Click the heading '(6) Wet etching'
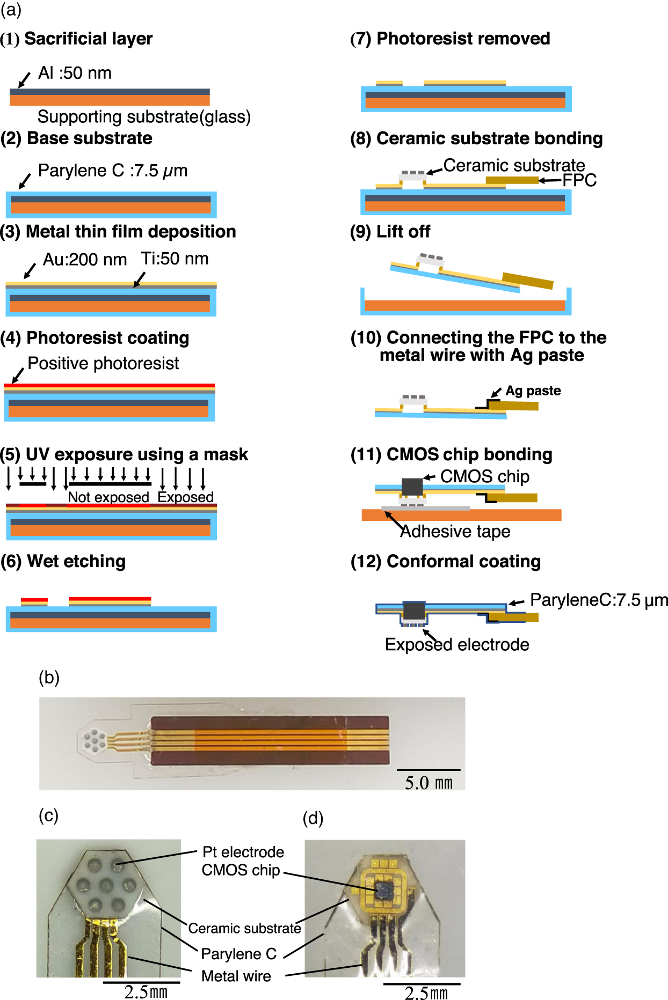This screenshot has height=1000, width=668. tap(63, 561)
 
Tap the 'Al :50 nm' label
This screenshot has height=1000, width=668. tap(75, 73)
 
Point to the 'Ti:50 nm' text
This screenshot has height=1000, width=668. tap(175, 259)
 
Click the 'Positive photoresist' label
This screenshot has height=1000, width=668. tap(103, 363)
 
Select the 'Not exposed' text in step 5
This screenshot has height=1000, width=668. tap(108, 497)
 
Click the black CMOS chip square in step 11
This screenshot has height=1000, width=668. tap(412, 486)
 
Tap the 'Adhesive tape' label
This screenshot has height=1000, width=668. tap(455, 531)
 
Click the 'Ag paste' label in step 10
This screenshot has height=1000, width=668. tap(533, 391)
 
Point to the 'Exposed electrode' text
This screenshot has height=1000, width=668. tap(457, 644)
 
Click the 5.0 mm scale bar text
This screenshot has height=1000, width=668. tap(429, 783)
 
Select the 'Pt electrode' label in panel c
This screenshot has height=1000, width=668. tap(243, 852)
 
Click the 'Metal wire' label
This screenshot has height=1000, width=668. tap(236, 976)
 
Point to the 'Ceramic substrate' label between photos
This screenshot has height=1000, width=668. tap(244, 928)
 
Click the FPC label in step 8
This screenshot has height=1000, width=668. tap(579, 180)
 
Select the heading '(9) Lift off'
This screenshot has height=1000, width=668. tap(390, 232)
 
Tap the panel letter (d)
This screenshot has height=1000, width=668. tap(313, 818)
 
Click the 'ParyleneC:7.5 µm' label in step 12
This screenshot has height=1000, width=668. tap(599, 600)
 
